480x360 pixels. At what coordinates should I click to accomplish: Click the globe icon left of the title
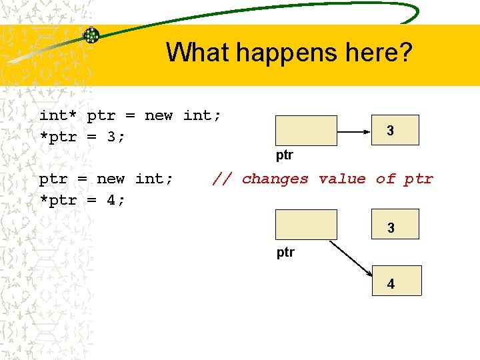[x=91, y=35]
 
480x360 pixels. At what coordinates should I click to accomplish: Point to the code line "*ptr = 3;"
[x=82, y=137]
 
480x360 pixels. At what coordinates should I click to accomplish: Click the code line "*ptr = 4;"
[x=82, y=200]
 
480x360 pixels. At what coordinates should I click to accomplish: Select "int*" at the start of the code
[x=58, y=115]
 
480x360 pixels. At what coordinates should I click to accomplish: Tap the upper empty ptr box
[x=307, y=130]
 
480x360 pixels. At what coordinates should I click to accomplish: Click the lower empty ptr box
[x=307, y=224]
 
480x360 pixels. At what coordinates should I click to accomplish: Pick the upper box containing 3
[x=390, y=130]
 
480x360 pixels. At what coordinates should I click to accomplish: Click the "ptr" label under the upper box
[x=285, y=155]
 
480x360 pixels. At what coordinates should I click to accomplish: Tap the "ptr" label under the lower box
[x=285, y=252]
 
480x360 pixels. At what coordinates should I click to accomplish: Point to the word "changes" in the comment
[x=275, y=179]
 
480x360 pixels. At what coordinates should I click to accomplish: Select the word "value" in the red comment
[x=342, y=179]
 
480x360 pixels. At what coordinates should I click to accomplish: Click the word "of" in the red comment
[x=385, y=179]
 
